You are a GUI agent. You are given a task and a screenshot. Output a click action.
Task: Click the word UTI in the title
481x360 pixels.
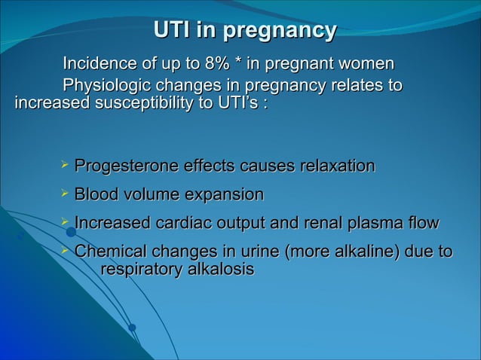[171, 30]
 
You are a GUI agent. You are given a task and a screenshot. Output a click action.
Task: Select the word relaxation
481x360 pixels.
[336, 166]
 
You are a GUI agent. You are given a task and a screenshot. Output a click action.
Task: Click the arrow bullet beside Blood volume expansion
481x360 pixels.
[65, 194]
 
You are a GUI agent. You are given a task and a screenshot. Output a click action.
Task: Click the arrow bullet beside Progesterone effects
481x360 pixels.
[65, 165]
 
